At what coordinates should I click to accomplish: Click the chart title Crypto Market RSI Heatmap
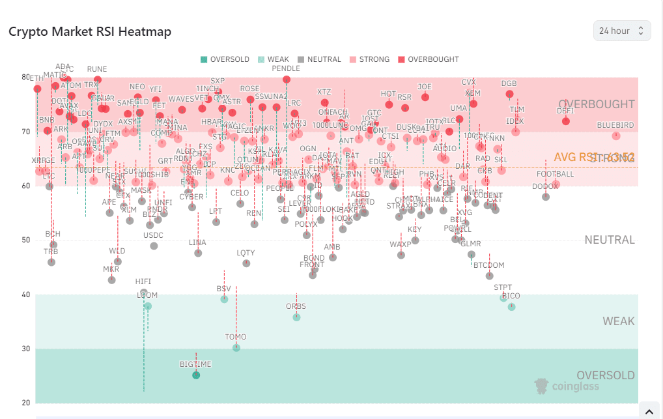[x=89, y=31]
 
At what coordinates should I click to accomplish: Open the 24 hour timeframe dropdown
[x=621, y=31]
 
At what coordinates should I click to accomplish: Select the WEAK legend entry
[x=274, y=59]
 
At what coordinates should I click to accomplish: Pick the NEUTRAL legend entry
[x=318, y=59]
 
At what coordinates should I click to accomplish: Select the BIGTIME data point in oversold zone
[x=196, y=375]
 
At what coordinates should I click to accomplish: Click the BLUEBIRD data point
[x=615, y=136]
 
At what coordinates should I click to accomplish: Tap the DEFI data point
[x=566, y=121]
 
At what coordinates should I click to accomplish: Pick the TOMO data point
[x=236, y=347]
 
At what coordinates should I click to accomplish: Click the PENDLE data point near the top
[x=287, y=79]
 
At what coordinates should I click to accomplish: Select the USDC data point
[x=154, y=246]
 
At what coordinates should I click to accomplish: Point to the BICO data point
[x=511, y=306]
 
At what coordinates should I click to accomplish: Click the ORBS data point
[x=296, y=317]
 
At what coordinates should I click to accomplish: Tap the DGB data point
[x=509, y=94]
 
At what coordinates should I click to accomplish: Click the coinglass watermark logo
[x=567, y=386]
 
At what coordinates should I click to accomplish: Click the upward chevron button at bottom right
[x=649, y=411]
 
